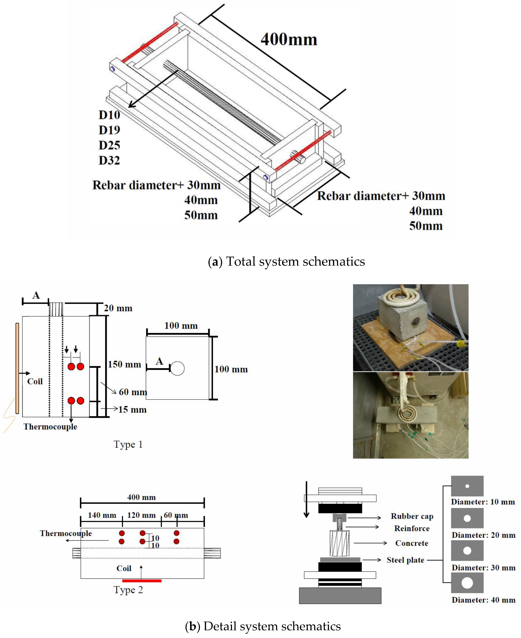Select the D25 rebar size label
[109, 145]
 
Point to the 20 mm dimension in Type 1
[118, 308]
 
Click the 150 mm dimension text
[124, 364]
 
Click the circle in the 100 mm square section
[177, 368]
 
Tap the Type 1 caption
[128, 444]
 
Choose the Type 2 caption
[128, 590]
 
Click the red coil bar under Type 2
[142, 581]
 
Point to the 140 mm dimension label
[102, 515]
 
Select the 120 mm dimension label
[141, 515]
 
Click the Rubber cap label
[412, 516]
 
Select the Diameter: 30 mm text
[483, 567]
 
